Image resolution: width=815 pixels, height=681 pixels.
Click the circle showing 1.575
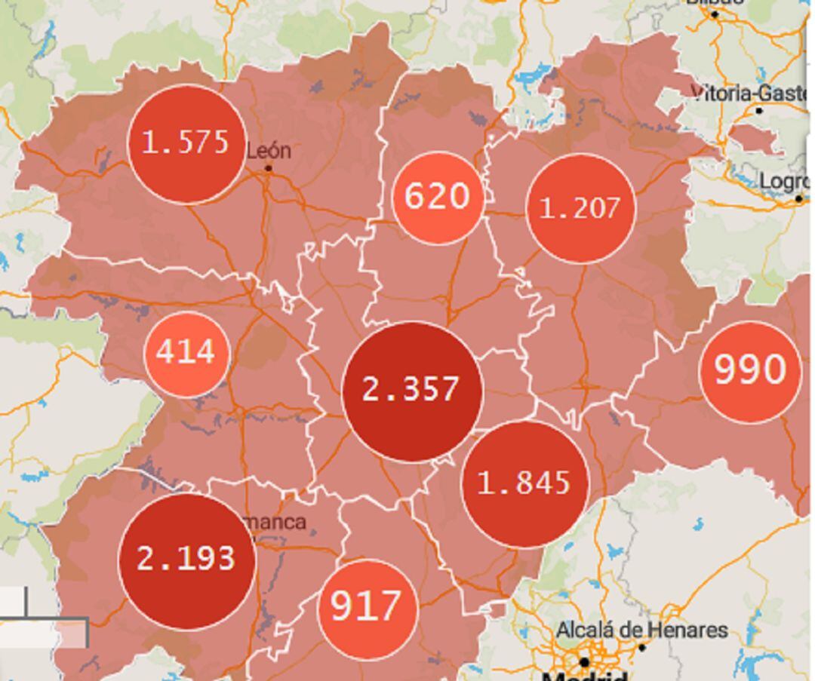point(186,143)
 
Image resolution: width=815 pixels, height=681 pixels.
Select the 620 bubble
point(437,198)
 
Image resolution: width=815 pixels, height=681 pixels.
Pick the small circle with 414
point(186,353)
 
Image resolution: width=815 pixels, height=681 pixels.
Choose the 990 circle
point(749,371)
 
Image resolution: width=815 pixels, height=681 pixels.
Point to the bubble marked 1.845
point(524,483)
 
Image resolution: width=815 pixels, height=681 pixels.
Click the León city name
point(269,151)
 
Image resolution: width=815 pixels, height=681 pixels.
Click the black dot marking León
point(268,168)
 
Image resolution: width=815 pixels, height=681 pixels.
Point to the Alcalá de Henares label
point(642,630)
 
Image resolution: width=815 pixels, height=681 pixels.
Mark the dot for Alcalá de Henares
point(642,647)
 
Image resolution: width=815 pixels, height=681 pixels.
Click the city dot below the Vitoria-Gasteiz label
point(759,110)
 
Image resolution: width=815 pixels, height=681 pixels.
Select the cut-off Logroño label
point(785,182)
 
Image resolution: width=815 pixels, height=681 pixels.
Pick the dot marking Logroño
point(799,198)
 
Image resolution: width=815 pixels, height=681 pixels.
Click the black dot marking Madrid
point(584,662)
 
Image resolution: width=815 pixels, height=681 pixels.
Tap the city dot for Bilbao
point(715,14)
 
